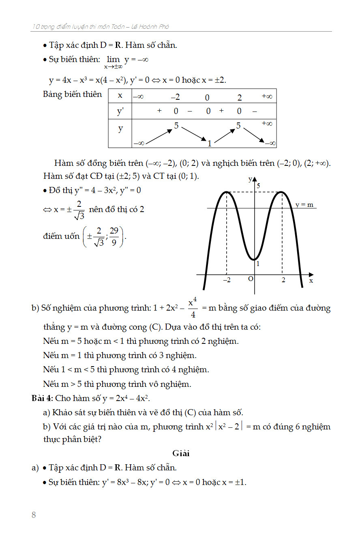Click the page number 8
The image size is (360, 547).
pos(34,515)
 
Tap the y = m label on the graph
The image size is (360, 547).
pos(304,205)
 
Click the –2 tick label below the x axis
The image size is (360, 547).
pos(227,280)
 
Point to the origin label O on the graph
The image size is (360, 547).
pos(250,279)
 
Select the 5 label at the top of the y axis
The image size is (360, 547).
pos(258,186)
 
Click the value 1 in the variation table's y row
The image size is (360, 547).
pos(210,143)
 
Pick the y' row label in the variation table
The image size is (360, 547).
pos(120,111)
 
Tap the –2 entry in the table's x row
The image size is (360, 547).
pos(175,97)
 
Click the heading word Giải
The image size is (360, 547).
pos(181,453)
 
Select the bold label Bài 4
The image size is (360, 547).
pos(42,398)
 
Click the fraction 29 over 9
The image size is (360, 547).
pos(114,236)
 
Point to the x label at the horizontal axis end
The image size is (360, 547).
pos(311,280)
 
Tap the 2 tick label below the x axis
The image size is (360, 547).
pos(283,280)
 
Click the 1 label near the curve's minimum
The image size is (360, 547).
pos(258,264)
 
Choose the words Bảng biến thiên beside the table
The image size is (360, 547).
pos(73,94)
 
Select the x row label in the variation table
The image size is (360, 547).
pos(120,96)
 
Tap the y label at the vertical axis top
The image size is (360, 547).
pos(250,179)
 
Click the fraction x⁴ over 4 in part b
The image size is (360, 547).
pos(193,308)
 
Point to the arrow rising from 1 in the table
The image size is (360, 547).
pos(225,136)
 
